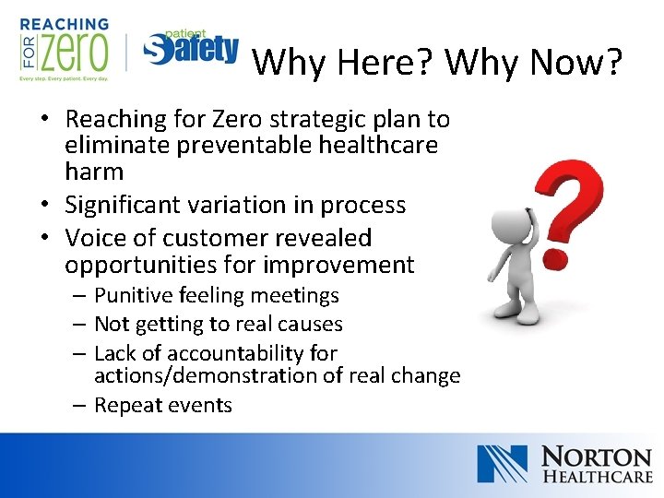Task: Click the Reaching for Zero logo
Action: tap(64, 49)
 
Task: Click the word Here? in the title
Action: tap(386, 62)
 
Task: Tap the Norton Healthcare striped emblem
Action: tap(502, 464)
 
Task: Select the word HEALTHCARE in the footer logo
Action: tap(596, 478)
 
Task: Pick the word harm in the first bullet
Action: tap(93, 172)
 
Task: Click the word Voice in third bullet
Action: tap(93, 238)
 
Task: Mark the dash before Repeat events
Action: tap(78, 406)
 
